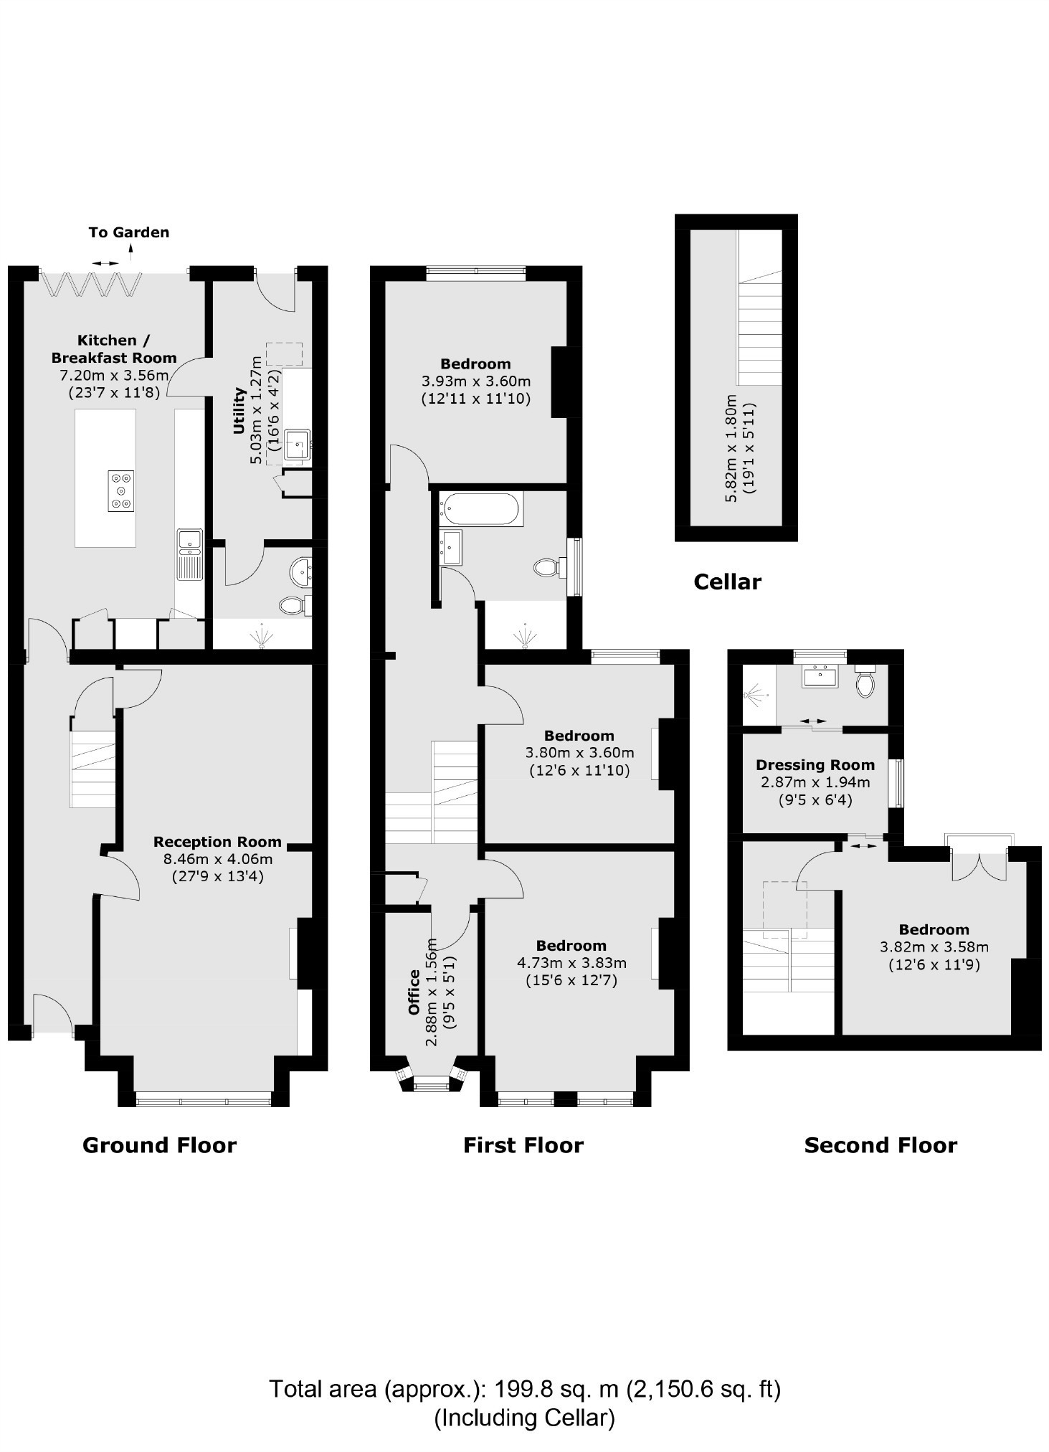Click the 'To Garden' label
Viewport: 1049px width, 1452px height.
129,232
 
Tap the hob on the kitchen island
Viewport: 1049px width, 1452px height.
121,490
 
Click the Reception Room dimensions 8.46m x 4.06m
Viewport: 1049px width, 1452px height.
218,859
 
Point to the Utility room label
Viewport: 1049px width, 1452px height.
239,411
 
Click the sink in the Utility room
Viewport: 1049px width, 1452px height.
296,445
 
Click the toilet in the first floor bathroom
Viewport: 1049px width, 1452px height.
547,569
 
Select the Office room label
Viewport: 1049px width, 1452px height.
414,992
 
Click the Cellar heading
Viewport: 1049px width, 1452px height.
727,582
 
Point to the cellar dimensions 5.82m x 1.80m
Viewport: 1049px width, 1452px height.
731,448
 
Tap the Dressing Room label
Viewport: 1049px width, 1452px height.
815,765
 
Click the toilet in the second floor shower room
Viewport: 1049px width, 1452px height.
865,682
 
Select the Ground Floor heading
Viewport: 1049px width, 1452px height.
159,1145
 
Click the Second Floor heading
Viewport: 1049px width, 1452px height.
881,1145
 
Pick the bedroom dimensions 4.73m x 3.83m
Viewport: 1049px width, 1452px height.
571,963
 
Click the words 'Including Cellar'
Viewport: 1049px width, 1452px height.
524,1418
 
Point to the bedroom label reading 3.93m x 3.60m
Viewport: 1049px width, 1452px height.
475,381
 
